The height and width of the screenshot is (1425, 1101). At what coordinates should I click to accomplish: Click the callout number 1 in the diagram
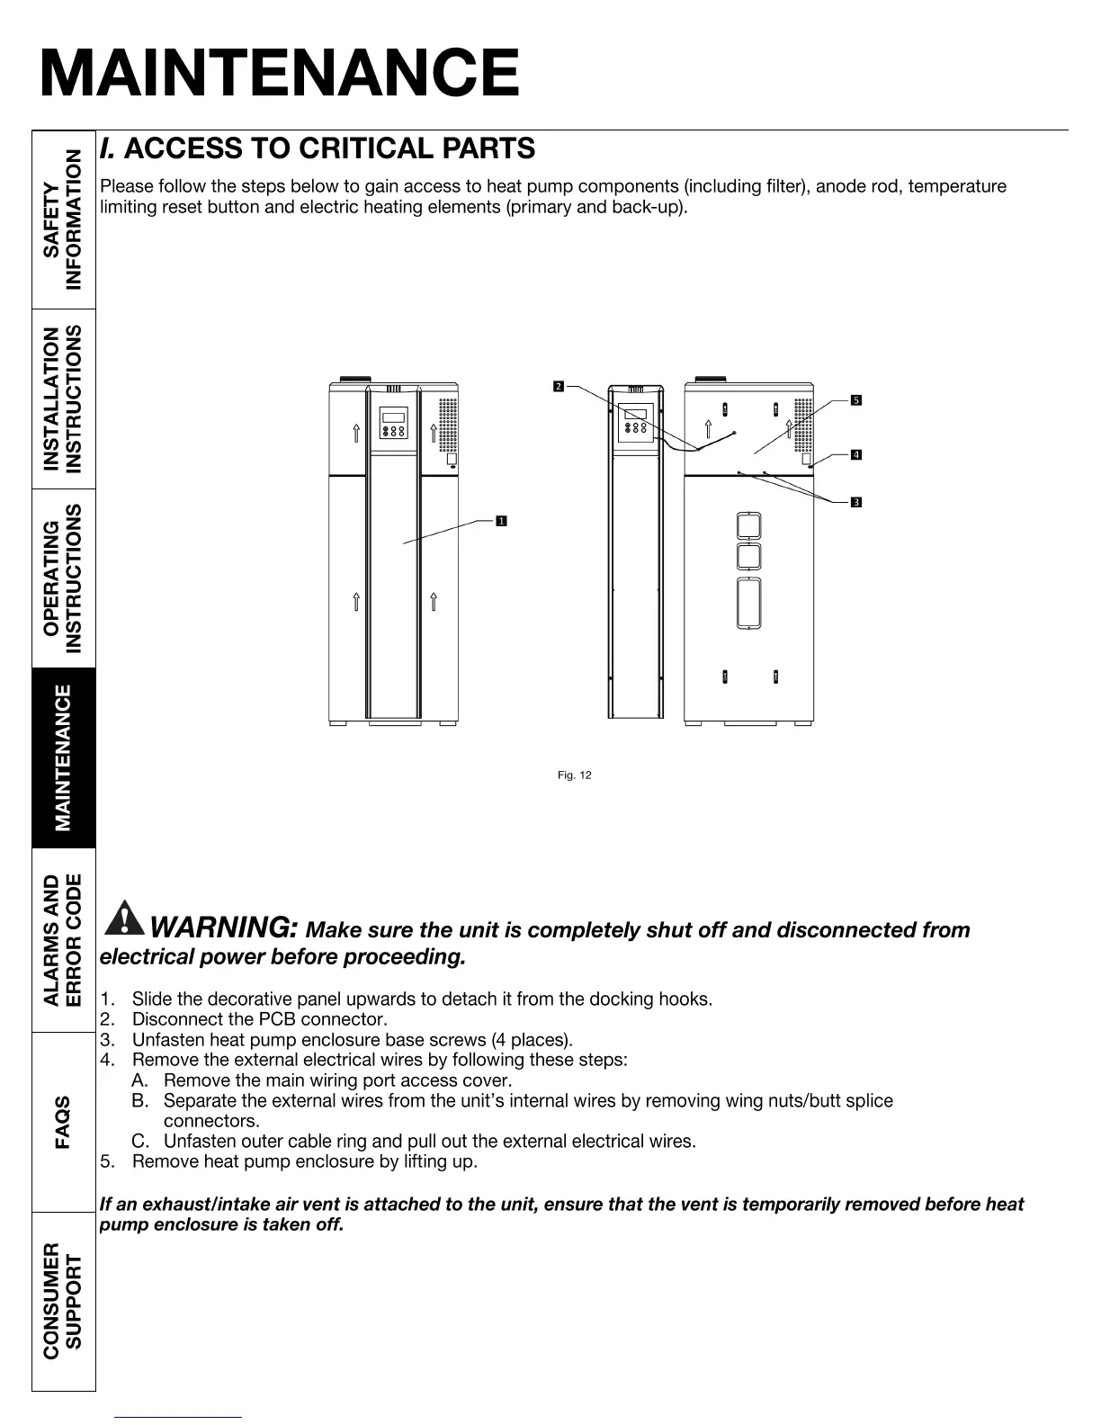(x=500, y=520)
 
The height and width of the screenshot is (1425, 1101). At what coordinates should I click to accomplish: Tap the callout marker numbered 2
(x=558, y=387)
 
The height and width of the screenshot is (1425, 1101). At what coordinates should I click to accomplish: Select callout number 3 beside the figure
(x=856, y=502)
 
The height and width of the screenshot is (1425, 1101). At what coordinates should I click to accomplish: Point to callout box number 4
(x=856, y=455)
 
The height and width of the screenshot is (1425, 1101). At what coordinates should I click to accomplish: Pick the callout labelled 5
(x=856, y=399)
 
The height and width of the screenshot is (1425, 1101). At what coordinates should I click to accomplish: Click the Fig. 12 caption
(x=575, y=775)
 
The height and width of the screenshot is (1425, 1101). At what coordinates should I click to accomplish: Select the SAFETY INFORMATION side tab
(x=64, y=220)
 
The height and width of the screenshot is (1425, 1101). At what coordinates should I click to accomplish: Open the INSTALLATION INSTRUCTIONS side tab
(x=64, y=399)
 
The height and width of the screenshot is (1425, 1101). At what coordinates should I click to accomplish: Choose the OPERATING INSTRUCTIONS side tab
(x=64, y=578)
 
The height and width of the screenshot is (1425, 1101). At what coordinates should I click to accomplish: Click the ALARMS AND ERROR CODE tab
(x=64, y=940)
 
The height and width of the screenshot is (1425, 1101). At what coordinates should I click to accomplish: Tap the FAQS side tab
(x=64, y=1122)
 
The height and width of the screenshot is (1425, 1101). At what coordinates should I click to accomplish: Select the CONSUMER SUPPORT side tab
(x=64, y=1301)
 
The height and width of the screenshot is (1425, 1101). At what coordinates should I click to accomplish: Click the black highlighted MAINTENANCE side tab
(x=64, y=758)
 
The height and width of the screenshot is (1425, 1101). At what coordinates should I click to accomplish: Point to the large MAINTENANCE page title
(x=280, y=74)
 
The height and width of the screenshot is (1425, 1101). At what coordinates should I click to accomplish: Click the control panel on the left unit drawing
(x=393, y=423)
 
